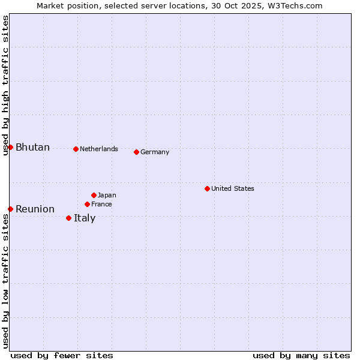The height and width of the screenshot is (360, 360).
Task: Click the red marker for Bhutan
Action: pos(10,148)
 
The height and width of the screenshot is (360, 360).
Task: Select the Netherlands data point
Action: pos(76,149)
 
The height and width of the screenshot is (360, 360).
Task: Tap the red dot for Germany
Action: pos(136,152)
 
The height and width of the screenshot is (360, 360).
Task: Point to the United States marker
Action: pos(207,188)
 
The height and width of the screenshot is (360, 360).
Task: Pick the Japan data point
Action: pos(94,195)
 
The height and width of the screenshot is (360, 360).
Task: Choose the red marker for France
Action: pos(87,204)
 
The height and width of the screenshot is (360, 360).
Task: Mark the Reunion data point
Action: pos(10,209)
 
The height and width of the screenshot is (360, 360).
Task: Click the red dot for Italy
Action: pos(68,218)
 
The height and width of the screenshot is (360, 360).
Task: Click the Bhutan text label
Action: pos(32,148)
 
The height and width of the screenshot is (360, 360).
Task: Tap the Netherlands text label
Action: pos(98,149)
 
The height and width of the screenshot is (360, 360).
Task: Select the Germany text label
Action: pos(155,152)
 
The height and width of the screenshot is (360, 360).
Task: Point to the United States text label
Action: pos(232,188)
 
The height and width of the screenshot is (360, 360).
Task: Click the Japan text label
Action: pos(107,195)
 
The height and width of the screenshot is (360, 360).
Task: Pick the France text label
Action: pos(101,204)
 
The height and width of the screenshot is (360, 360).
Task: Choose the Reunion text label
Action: pos(35,209)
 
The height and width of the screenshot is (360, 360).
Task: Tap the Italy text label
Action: pos(85,218)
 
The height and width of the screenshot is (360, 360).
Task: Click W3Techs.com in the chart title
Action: pos(296,5)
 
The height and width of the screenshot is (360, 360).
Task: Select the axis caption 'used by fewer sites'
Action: pos(62,355)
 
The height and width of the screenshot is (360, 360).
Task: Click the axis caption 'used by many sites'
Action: pos(301,355)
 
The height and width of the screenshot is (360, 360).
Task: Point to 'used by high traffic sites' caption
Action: pos(5,85)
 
